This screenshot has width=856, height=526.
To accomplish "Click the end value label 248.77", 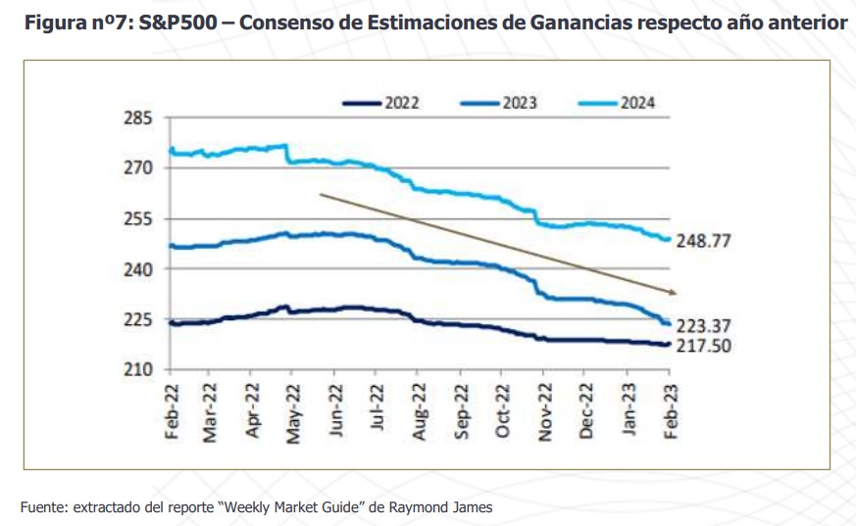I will pyautogui.click(x=711, y=240).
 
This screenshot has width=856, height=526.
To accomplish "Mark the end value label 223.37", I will pyautogui.click(x=711, y=325).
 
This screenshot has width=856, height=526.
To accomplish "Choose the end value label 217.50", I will pyautogui.click(x=711, y=346).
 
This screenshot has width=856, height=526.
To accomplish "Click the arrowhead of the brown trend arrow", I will pyautogui.click(x=673, y=291).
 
